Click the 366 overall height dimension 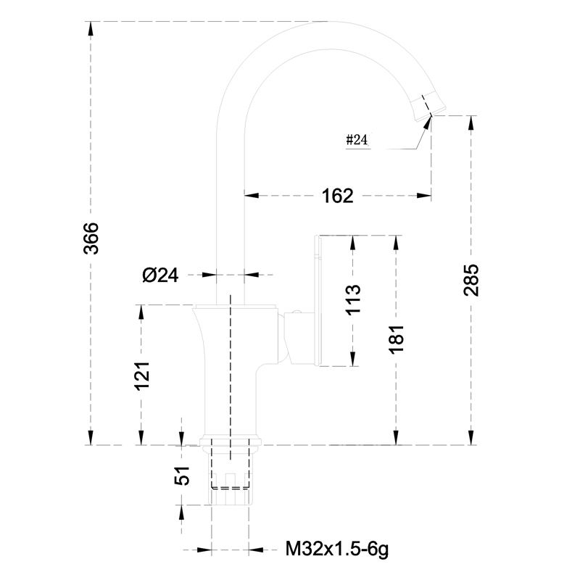91,239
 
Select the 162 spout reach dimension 337,196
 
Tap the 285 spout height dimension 471,280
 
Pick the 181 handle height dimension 396,339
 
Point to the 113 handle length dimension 353,299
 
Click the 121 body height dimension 141,376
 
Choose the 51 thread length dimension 182,476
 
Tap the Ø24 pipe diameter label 160,275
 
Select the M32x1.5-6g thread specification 337,550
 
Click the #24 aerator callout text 357,140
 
